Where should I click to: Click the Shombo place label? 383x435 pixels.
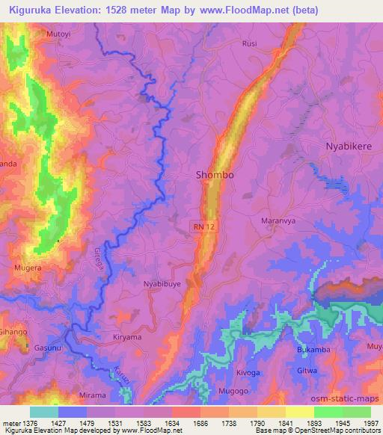point(215,175)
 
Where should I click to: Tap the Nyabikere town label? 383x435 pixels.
point(348,146)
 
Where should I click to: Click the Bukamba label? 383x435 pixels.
point(312,350)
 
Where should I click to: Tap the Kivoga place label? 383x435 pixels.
point(248,371)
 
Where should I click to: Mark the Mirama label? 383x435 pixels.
point(92,395)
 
